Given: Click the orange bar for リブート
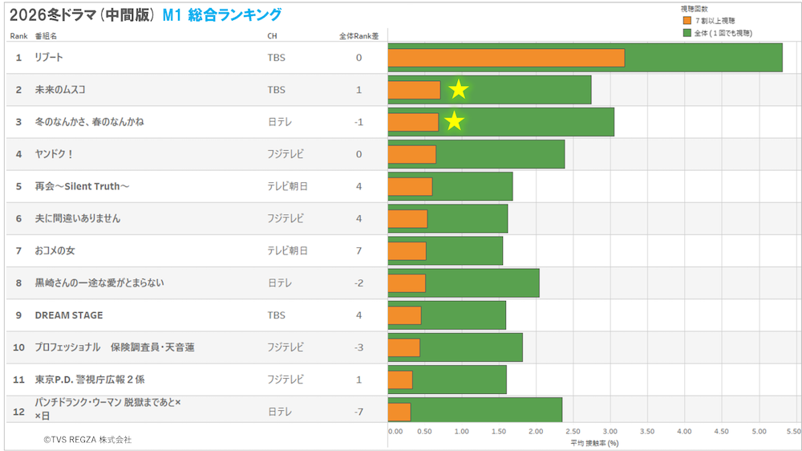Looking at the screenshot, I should [x=506, y=58].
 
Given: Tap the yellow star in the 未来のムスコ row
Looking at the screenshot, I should [x=458, y=90].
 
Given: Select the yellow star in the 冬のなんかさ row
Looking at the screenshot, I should [x=455, y=121].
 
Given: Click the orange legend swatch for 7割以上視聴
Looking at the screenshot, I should [x=687, y=20].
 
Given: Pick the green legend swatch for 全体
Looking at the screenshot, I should [x=687, y=33].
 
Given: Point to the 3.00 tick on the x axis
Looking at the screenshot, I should [x=610, y=431].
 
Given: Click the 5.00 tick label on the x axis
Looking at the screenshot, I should [x=759, y=431].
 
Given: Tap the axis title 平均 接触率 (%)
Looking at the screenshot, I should [x=594, y=442].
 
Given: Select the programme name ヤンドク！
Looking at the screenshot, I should [x=55, y=154].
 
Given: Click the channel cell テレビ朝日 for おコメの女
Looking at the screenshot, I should [x=287, y=251].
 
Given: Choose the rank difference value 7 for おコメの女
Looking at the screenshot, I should [x=358, y=251].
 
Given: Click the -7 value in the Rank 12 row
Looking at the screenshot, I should [x=358, y=412].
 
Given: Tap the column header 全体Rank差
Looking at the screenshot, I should [x=358, y=36].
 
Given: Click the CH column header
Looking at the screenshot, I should [x=273, y=36].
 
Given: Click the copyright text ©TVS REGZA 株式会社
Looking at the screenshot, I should [x=87, y=440].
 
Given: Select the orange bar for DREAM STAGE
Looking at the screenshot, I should [x=404, y=315].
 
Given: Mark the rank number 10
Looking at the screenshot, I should [x=18, y=347].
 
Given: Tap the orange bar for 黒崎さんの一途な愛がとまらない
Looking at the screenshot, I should [x=407, y=283].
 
